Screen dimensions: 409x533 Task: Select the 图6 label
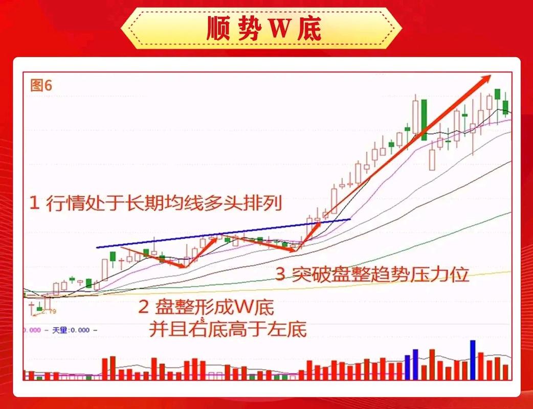pos(41,85)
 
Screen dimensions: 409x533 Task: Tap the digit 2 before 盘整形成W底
pos(144,307)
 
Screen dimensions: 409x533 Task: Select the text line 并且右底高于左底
pos(228,328)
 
